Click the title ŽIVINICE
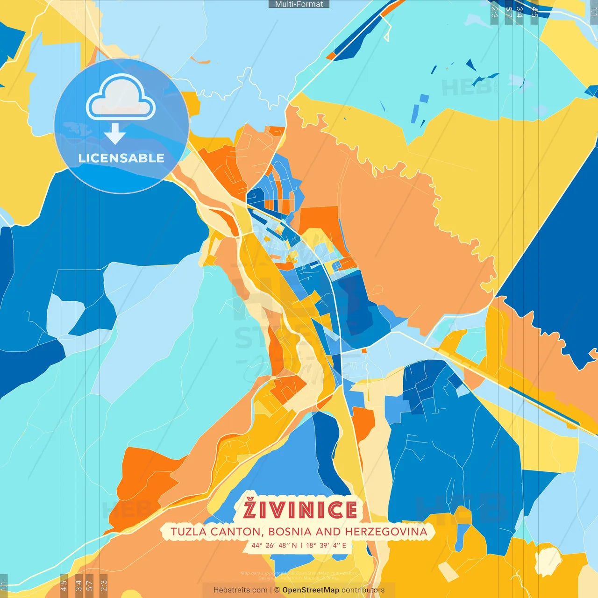point(300,510)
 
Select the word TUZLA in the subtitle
point(189,532)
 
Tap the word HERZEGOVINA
point(386,532)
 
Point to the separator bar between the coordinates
point(301,545)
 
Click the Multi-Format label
point(299,4)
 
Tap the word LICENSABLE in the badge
point(121,158)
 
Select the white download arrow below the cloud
point(115,135)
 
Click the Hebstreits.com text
point(240,590)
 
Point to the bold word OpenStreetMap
point(311,590)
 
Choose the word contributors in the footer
point(363,590)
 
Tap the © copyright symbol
point(277,590)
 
